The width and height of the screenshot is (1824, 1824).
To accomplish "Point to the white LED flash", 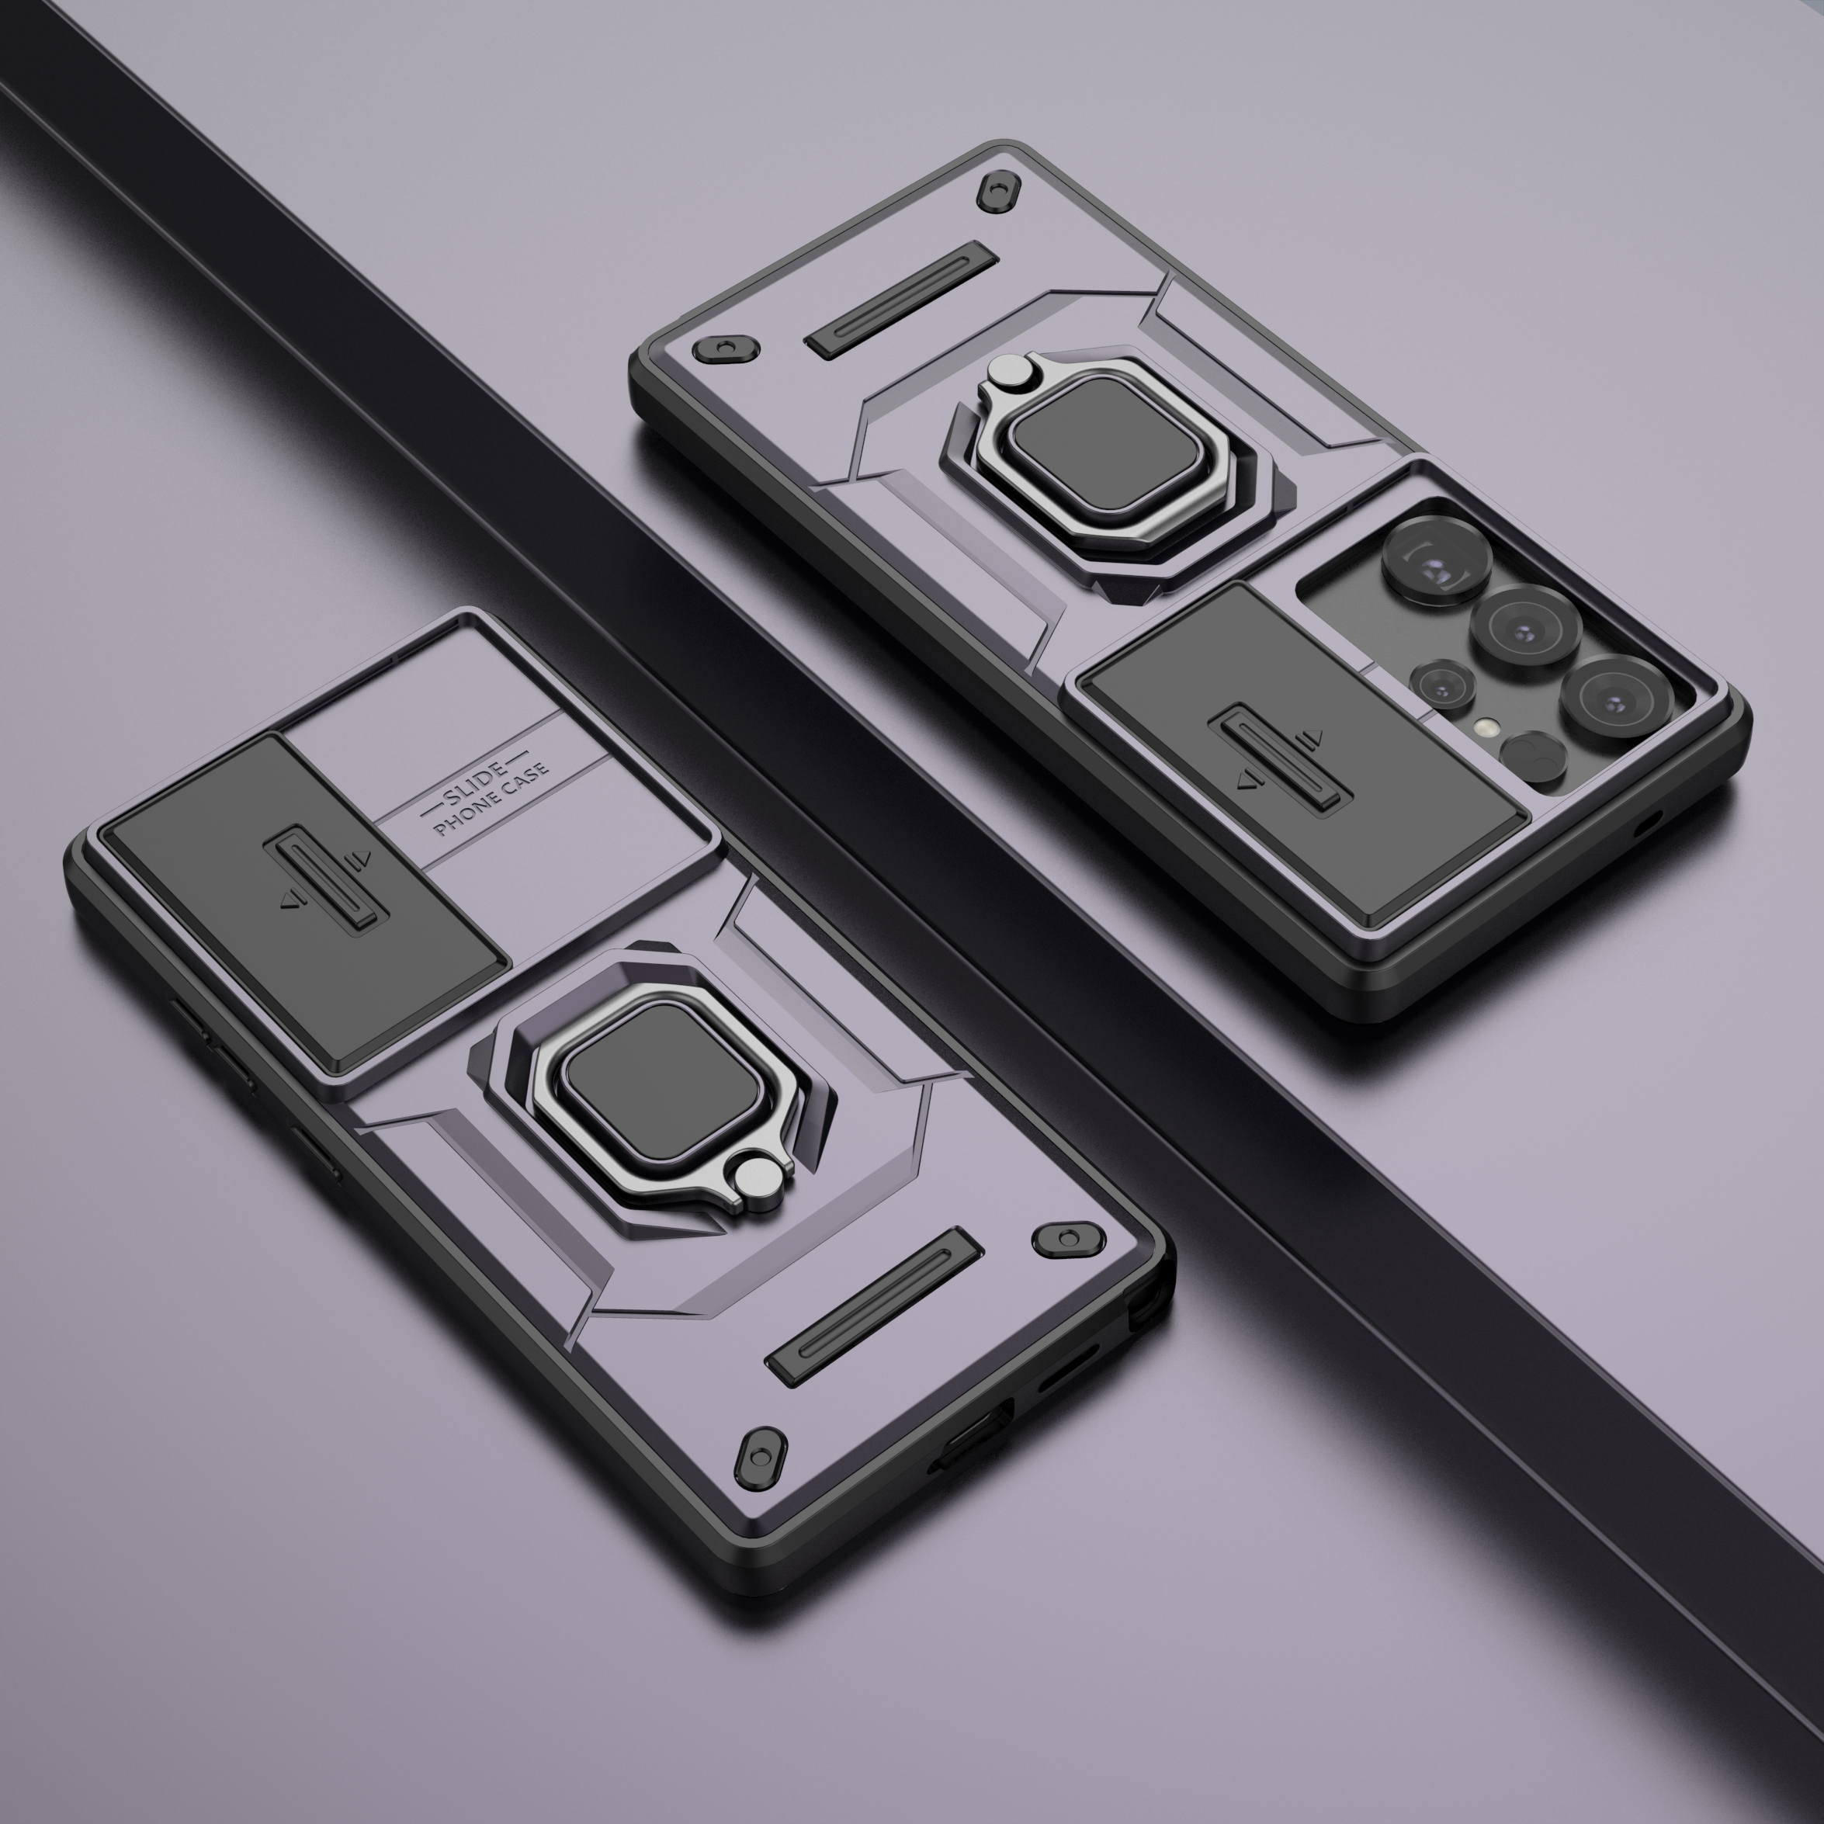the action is coord(1489,727).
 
